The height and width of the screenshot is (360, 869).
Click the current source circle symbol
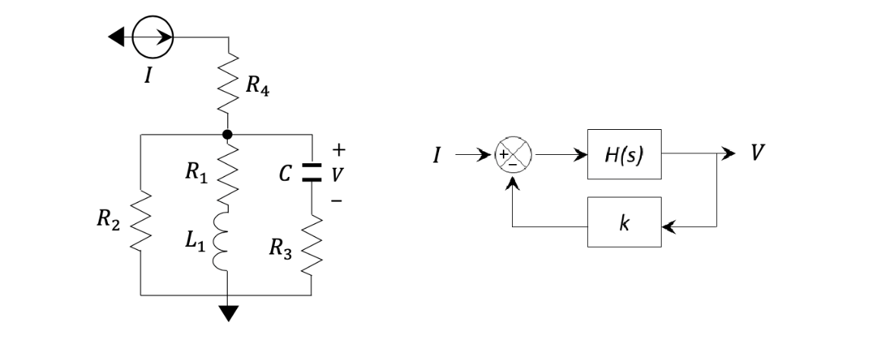153,36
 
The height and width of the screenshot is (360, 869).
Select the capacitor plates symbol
312,172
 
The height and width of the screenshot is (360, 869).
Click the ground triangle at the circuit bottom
227,312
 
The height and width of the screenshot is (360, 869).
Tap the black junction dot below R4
227,134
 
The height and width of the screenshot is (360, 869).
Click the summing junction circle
514,155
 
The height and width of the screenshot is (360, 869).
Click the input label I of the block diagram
437,156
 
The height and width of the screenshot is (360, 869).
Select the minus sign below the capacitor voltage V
337,201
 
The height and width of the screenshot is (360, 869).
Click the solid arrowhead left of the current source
115,36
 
